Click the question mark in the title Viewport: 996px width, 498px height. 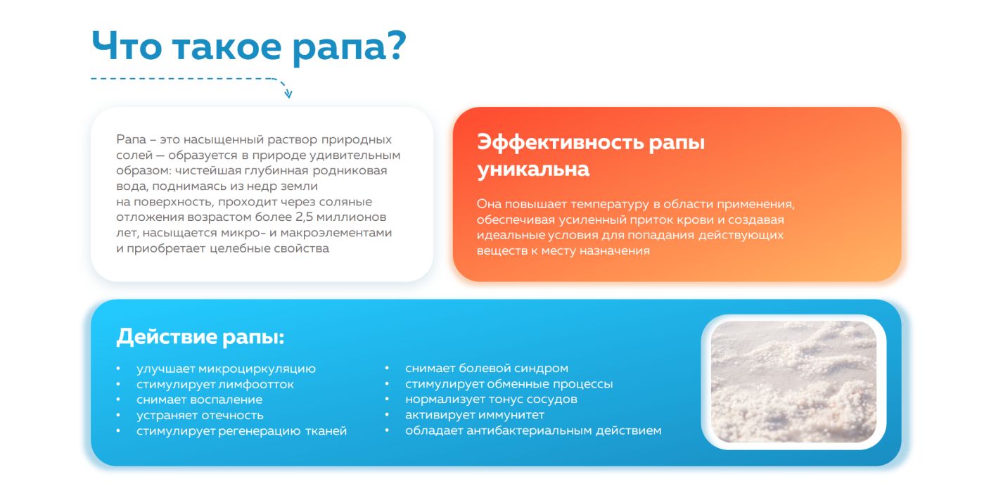393,45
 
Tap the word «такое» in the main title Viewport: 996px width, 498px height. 226,47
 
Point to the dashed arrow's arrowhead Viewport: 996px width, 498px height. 288,94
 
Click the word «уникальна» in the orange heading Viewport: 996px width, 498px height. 533,169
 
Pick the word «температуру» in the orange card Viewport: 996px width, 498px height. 610,205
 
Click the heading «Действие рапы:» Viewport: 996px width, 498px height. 200,337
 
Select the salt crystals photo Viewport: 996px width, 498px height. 793,381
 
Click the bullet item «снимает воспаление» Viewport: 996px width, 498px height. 199,400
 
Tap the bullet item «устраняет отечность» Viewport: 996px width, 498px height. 200,415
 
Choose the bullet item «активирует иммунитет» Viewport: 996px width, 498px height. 474,415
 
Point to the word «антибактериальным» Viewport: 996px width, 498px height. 529,430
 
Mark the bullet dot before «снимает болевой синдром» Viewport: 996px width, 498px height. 387,368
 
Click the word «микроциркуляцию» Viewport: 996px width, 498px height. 257,369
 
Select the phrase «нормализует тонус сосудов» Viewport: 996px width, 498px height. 491,400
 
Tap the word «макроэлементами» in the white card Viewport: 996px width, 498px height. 336,233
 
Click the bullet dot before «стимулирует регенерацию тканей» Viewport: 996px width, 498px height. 118,430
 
